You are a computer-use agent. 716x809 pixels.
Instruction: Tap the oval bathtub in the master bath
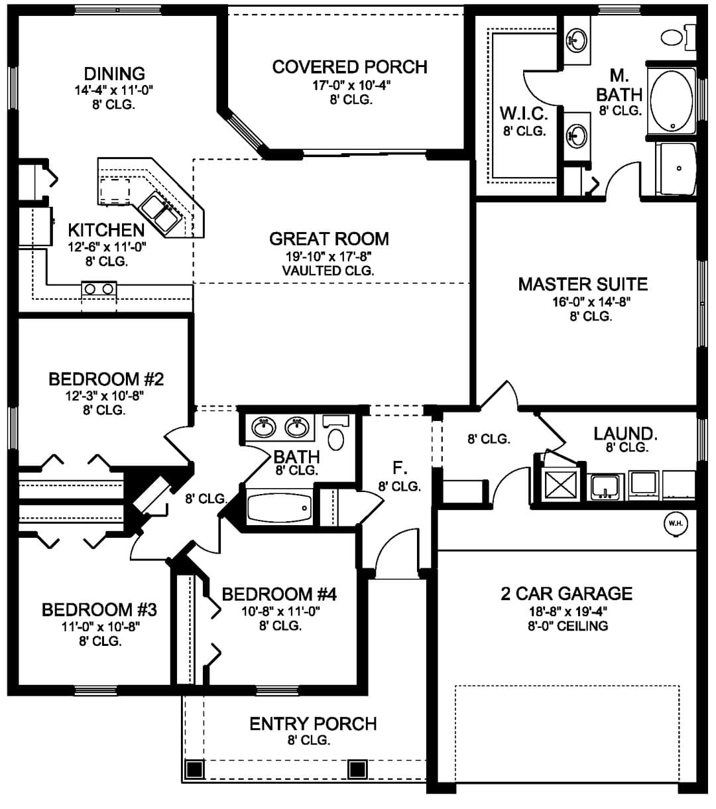[x=672, y=101]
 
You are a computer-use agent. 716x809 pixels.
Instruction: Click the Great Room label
[x=329, y=239]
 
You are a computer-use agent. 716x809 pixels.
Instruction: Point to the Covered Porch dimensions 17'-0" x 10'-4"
[x=351, y=85]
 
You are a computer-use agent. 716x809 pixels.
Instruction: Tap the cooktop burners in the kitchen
[x=99, y=288]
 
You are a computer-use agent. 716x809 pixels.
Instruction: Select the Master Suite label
[x=583, y=284]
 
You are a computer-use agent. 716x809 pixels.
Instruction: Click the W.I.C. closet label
[x=524, y=114]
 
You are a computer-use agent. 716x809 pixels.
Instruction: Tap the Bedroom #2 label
[x=106, y=379]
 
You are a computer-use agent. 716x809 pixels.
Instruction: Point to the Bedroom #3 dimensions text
[x=100, y=626]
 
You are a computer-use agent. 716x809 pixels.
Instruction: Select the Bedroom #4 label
[x=279, y=594]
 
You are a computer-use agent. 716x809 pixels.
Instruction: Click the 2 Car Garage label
[x=567, y=593]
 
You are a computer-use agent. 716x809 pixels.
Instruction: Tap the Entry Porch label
[x=313, y=723]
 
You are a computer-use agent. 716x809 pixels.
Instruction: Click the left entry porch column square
[x=194, y=769]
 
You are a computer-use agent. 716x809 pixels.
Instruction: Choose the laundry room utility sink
[x=605, y=487]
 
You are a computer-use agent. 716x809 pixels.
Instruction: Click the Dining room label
[x=114, y=74]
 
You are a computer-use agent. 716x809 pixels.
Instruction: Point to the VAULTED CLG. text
[x=328, y=271]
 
